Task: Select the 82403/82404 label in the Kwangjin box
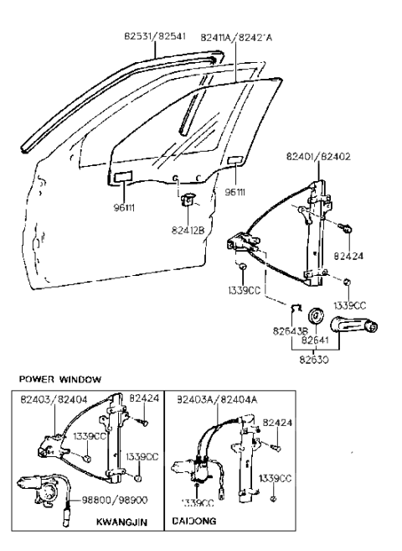(x=55, y=401)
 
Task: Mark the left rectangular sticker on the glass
(x=122, y=177)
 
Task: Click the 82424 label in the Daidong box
(x=277, y=423)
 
